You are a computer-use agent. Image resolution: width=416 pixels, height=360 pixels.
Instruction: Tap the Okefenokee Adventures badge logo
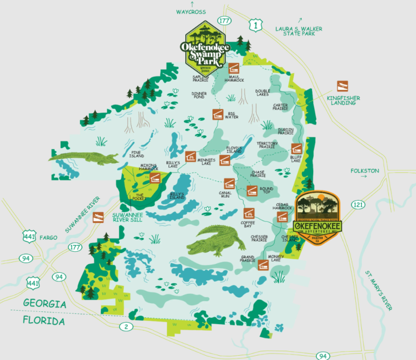coord(318,218)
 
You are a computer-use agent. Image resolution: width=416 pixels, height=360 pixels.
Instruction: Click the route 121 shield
coord(358,205)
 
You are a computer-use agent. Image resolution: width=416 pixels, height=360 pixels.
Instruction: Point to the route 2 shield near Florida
coord(126,326)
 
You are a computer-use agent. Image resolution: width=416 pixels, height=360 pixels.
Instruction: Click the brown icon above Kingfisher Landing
coord(342,86)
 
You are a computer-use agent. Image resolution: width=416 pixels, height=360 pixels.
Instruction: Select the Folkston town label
coord(365,171)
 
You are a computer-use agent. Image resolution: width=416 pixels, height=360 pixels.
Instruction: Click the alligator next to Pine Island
coord(84,158)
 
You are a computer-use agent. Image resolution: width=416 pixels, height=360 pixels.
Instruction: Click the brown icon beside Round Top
coord(251,190)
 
